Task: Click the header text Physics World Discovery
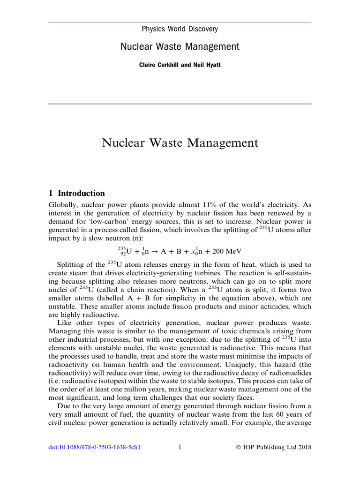pos(180,29)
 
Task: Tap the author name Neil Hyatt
pos(208,65)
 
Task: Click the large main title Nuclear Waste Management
pos(180,142)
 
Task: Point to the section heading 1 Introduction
pos(77,193)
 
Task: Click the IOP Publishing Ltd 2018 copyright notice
pos(273,447)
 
